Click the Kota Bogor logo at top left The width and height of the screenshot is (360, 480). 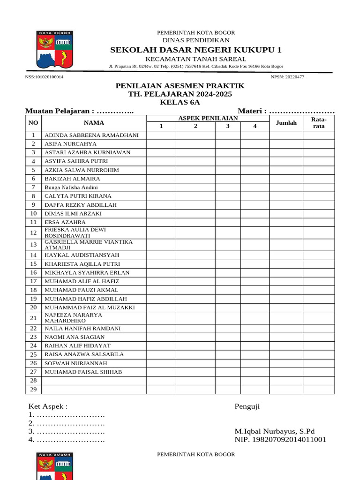[54, 50]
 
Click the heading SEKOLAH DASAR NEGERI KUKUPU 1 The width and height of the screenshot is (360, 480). [196, 50]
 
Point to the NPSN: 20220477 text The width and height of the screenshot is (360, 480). [287, 77]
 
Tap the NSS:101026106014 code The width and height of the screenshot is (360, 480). [45, 77]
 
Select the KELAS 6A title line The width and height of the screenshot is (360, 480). [180, 102]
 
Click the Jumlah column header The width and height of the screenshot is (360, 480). [286, 123]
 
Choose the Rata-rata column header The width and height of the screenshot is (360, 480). [319, 123]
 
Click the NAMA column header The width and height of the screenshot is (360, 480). [94, 123]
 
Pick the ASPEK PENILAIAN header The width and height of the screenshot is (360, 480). [208, 118]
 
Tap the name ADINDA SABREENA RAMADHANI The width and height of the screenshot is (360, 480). [91, 135]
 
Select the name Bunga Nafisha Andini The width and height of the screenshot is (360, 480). [71, 187]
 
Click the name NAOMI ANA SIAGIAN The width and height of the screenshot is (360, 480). [75, 337]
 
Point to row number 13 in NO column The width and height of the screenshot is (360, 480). [33, 245]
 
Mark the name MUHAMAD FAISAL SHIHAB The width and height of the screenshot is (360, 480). [83, 372]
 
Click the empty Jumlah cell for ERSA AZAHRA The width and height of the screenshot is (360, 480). [286, 222]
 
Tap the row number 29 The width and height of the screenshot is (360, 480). [33, 390]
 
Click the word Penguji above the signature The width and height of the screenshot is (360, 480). [247, 406]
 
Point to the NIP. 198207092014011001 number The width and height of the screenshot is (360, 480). [280, 440]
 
